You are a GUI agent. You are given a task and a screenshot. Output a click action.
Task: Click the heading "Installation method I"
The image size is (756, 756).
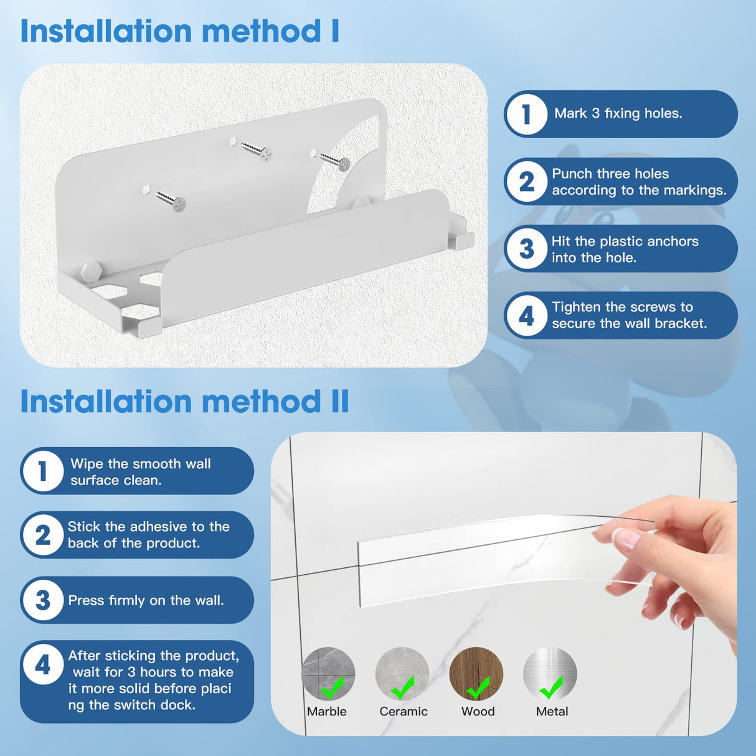click(180, 31)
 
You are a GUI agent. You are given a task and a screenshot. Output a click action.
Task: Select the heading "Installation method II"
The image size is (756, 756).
click(184, 401)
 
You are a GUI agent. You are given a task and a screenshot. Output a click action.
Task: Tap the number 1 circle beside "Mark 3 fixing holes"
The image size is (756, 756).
click(527, 114)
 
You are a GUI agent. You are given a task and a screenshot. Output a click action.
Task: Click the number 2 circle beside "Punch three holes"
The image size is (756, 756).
click(527, 182)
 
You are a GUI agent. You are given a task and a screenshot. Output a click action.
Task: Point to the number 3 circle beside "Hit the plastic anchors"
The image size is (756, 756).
click(527, 248)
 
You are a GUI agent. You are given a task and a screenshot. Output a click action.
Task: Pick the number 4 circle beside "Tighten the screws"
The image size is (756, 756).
click(527, 316)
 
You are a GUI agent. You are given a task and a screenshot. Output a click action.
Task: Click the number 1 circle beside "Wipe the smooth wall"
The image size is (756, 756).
click(43, 471)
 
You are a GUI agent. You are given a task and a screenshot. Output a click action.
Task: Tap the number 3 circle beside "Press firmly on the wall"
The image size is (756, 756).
click(43, 600)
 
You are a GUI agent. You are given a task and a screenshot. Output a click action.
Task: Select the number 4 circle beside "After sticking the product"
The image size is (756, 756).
click(43, 664)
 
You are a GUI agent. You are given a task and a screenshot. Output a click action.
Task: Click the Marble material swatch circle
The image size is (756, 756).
click(328, 673)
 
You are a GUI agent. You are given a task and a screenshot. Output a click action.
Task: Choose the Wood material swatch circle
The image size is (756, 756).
click(476, 673)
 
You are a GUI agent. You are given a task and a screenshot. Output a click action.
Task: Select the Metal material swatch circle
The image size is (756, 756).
click(550, 673)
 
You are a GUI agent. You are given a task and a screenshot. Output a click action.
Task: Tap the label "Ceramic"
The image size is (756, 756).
click(404, 712)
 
